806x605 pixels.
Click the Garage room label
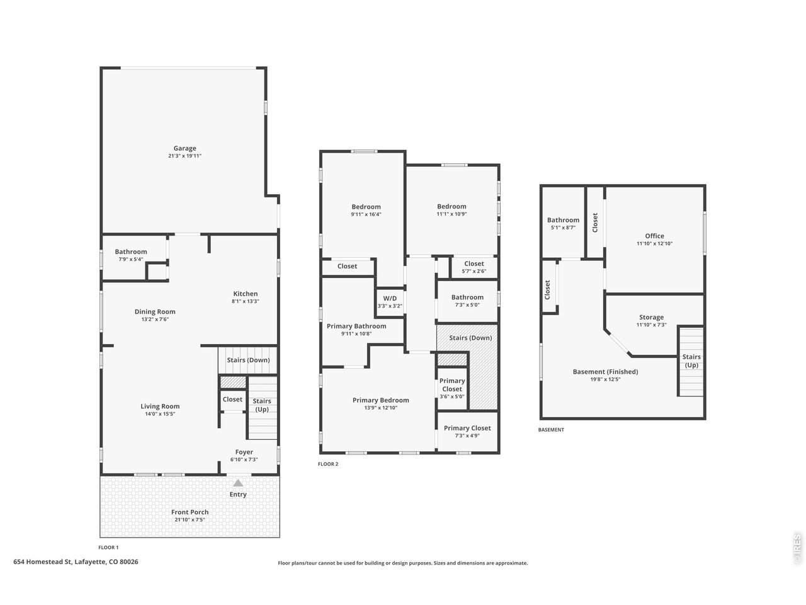[x=184, y=148]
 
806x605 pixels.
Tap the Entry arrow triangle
[x=238, y=483]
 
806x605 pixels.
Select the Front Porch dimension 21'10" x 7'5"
[x=190, y=520]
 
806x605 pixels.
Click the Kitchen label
[x=246, y=294]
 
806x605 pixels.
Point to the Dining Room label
[x=155, y=312]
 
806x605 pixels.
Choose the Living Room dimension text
[x=160, y=414]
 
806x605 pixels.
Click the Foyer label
[x=244, y=452]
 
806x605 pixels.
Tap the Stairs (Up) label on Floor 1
[x=262, y=405]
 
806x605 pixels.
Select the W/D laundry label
[x=390, y=299]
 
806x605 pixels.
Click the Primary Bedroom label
[x=381, y=400]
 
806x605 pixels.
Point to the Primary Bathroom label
[x=356, y=326]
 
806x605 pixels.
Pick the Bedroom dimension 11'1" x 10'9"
[x=451, y=214]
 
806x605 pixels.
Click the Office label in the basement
[x=655, y=236]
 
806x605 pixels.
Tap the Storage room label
[x=651, y=318]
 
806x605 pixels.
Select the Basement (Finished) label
[x=606, y=372]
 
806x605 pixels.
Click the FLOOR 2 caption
[x=328, y=464]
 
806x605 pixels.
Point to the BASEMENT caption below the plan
[x=551, y=430]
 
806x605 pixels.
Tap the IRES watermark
[x=797, y=549]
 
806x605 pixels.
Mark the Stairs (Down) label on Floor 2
[x=471, y=338]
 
